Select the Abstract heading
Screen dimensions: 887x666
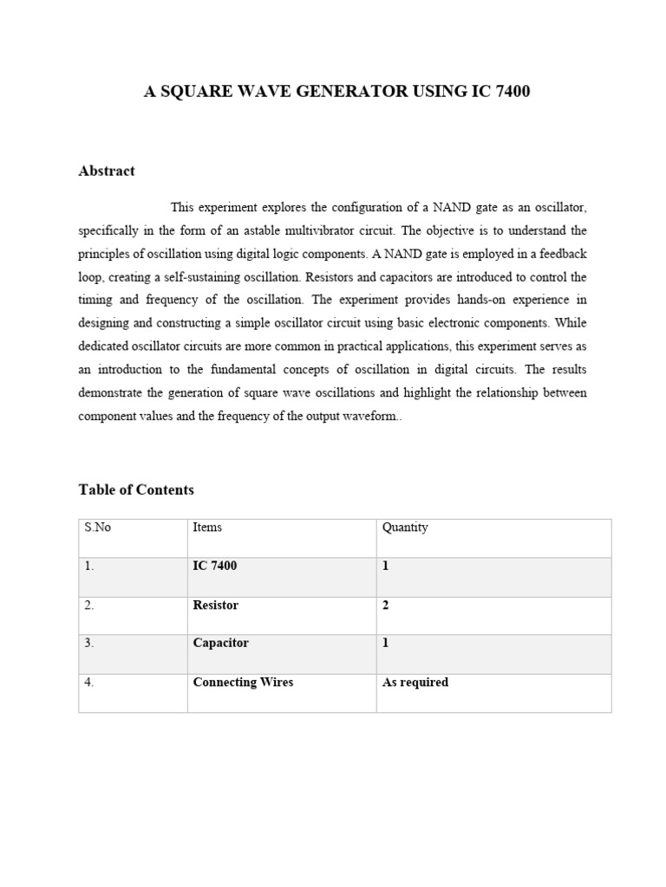107,171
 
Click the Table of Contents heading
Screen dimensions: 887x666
136,489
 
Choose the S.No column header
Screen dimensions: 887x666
98,528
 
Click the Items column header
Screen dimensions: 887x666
207,528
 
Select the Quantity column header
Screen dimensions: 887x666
405,528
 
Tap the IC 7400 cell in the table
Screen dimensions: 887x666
214,566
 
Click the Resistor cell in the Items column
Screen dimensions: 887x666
215,605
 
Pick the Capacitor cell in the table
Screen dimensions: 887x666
220,643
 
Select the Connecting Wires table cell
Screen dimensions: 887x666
243,682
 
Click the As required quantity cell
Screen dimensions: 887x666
415,682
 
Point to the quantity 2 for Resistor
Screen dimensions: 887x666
386,605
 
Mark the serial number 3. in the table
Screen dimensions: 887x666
89,643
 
